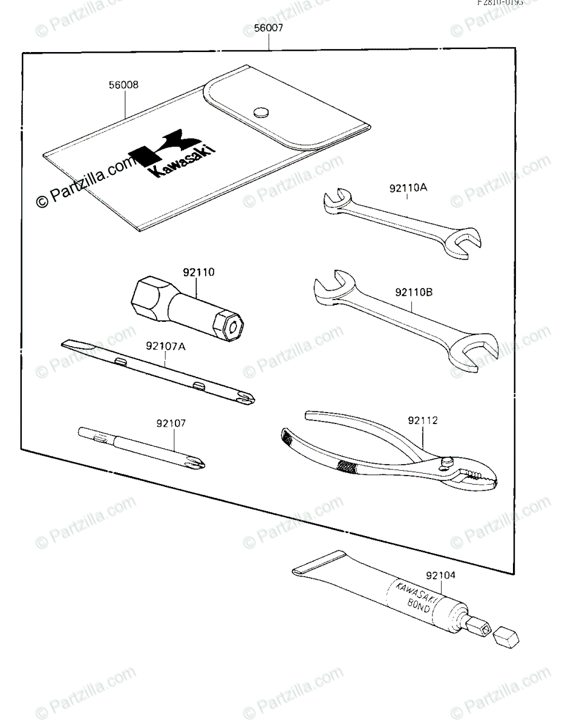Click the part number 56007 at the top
[269, 28]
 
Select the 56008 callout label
[124, 85]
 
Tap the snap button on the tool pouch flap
[261, 111]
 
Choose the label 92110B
[414, 292]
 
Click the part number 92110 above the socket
[197, 273]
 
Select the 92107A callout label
[165, 347]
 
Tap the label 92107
[171, 423]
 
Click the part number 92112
[423, 420]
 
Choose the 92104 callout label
[440, 576]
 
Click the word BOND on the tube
[417, 606]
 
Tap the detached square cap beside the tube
[507, 635]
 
